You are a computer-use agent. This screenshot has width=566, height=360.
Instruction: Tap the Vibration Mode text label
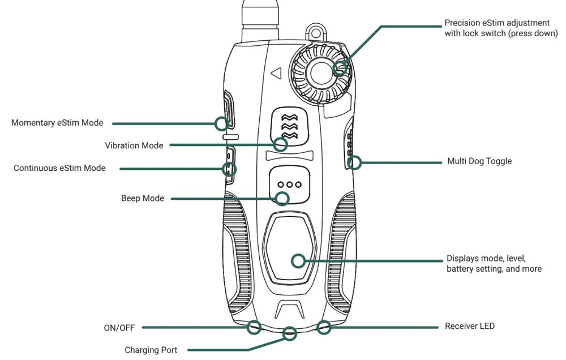click(134, 145)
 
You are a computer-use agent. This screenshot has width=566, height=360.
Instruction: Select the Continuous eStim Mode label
click(59, 168)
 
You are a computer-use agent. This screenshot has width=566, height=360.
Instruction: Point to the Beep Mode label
click(143, 199)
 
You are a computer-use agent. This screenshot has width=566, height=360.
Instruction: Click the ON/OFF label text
click(120, 327)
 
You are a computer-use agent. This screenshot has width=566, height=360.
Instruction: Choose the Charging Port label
click(151, 350)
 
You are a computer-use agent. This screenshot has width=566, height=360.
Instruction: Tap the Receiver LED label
click(470, 326)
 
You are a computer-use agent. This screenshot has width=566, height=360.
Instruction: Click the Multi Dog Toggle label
click(478, 161)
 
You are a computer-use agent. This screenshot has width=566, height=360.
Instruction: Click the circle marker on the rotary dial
click(340, 69)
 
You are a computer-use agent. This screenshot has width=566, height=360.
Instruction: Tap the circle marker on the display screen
click(298, 261)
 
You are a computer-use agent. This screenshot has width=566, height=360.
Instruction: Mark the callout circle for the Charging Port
click(290, 333)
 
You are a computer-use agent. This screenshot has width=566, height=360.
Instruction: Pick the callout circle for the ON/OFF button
click(254, 326)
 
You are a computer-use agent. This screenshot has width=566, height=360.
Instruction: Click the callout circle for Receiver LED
click(324, 326)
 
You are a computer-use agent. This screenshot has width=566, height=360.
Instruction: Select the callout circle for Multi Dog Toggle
click(355, 163)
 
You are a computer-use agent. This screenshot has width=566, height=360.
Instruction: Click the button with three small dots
click(289, 185)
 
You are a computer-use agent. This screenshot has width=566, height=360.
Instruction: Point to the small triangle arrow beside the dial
click(276, 72)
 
